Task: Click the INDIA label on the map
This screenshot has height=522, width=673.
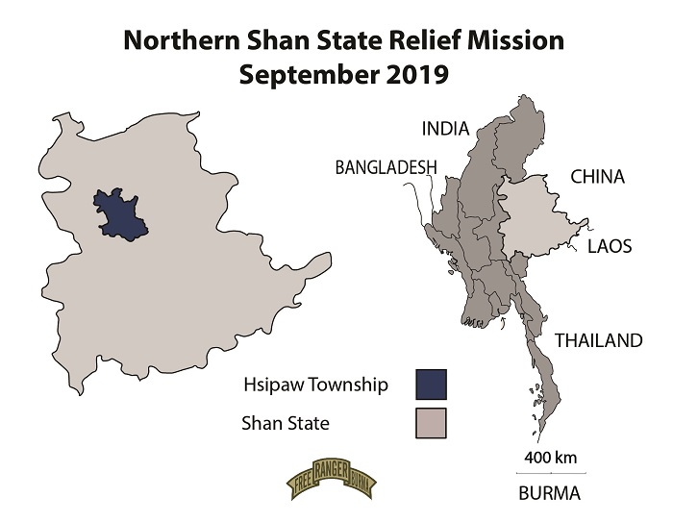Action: pos(444,129)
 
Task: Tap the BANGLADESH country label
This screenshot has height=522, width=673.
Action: pos(385,167)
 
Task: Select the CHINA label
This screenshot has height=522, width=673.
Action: pos(598,177)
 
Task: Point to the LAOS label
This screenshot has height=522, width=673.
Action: pos(610,246)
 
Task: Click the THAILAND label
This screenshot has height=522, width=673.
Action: pos(597,340)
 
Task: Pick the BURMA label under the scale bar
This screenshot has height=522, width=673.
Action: pos(549,495)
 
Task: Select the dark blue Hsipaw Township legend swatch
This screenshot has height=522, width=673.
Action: pos(432,384)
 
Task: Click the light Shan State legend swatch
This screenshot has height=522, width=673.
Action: pos(432,421)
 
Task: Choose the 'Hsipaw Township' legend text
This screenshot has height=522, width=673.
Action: pos(316,385)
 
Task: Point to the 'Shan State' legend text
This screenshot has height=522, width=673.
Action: pos(283,422)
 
